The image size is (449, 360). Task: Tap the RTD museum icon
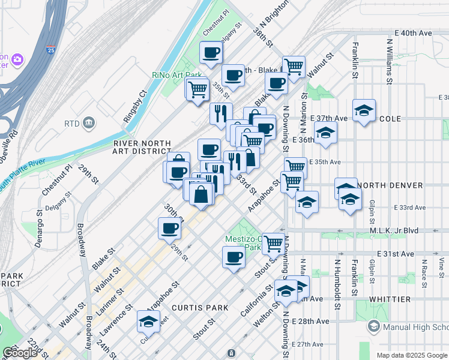[89, 123]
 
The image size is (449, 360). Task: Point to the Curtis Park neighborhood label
[200, 307]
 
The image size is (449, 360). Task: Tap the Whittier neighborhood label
[390, 299]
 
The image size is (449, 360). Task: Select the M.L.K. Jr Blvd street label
[411, 230]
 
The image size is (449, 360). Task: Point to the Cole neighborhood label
[390, 119]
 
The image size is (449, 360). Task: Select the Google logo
[20, 353]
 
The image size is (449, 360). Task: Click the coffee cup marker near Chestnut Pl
[211, 53]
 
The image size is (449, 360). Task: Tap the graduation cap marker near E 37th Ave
[364, 110]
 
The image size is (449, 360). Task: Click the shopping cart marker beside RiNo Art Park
[197, 89]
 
